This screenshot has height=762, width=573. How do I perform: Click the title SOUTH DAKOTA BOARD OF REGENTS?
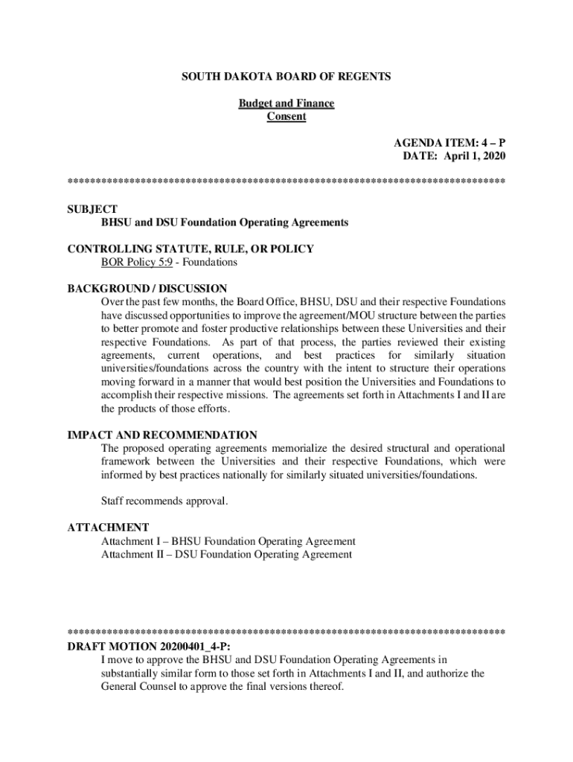286,77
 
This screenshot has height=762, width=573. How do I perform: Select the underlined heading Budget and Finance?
286,103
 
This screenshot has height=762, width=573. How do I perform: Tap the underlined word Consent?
286,117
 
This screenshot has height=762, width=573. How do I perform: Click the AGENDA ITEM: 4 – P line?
449,143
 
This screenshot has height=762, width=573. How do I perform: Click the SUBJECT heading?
92,209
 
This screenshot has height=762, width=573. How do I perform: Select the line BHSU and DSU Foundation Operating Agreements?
225,222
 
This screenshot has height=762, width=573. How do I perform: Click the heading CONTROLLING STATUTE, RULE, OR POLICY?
191,249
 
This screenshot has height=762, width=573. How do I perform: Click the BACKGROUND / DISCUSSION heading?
147,289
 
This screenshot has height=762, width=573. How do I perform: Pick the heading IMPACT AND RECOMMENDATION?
162,435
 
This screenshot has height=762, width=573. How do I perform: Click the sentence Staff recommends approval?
164,502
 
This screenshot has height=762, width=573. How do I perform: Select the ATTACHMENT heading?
108,528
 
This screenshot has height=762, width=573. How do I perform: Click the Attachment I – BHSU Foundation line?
228,541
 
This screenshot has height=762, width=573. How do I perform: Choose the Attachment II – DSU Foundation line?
226,554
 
